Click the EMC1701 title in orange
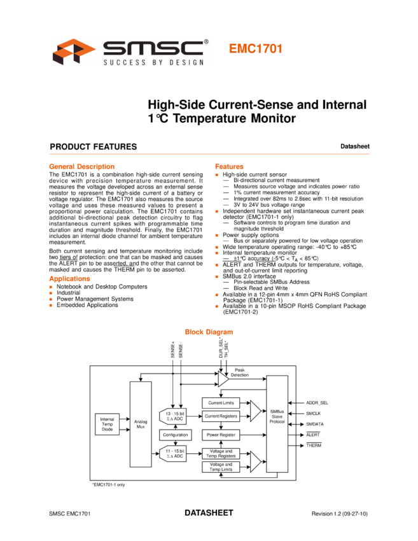(255, 49)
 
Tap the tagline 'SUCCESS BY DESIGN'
(154, 62)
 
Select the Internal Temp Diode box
(107, 425)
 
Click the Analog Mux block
(141, 424)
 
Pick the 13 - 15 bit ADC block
(173, 415)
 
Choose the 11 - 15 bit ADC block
(173, 453)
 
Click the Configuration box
(175, 435)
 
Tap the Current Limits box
(220, 403)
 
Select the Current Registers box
(220, 416)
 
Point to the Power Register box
(220, 435)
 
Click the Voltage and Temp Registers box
(220, 453)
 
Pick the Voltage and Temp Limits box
(220, 467)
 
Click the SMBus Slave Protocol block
(277, 418)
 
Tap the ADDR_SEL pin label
(317, 403)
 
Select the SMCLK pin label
(314, 414)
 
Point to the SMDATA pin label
(315, 424)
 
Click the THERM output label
(314, 445)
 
